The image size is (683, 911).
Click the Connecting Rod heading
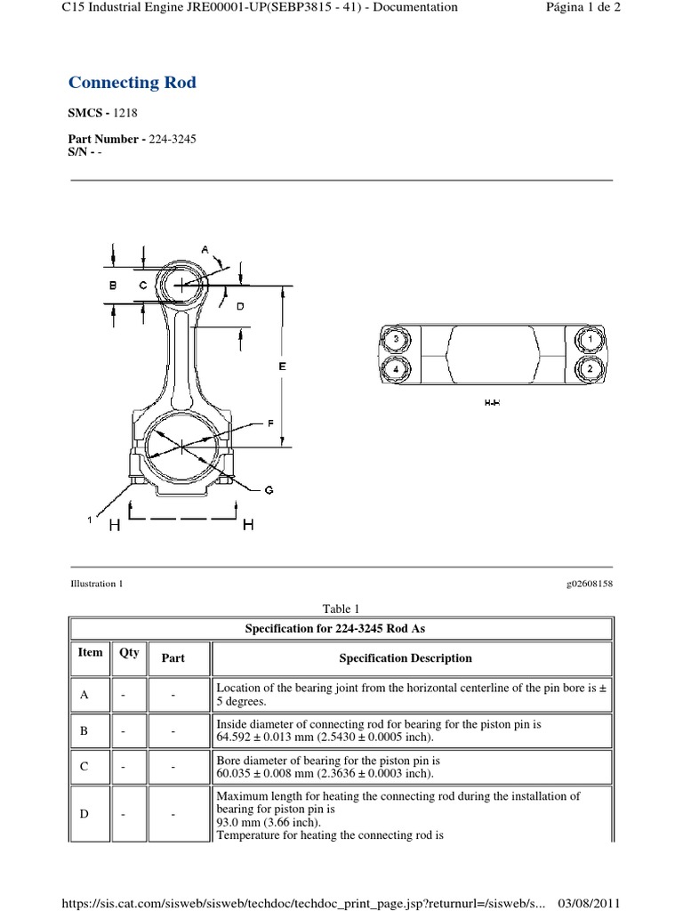[133, 83]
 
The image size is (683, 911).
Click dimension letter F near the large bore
[269, 424]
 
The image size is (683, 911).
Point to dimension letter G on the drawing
[269, 490]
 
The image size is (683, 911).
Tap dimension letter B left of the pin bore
[113, 286]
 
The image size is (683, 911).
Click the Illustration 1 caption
[95, 584]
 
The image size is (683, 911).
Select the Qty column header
[129, 652]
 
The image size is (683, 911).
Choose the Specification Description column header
[406, 658]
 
